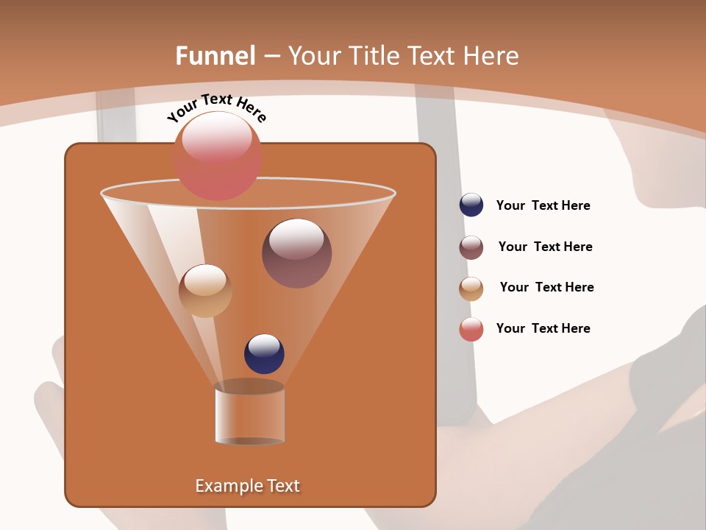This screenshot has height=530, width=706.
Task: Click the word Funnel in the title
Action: tap(215, 55)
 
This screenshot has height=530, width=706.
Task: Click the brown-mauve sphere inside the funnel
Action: tap(296, 253)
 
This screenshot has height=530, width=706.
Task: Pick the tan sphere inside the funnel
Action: tap(205, 291)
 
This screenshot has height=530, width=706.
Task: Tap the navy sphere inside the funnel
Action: tap(264, 354)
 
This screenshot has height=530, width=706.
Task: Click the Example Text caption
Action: tap(248, 486)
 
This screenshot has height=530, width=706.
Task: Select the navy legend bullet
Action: tap(471, 205)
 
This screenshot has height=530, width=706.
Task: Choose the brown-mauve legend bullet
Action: tap(471, 247)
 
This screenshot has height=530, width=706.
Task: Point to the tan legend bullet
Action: tap(471, 289)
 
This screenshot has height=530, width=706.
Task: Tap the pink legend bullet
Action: tap(471, 329)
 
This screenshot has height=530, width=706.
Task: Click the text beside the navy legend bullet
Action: tap(543, 205)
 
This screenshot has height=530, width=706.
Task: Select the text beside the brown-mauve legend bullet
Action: tap(545, 247)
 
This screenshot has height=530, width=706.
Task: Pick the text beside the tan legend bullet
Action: tap(546, 287)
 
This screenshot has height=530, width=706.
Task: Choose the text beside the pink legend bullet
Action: tap(543, 328)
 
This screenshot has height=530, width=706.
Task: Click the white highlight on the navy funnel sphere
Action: tap(264, 345)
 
